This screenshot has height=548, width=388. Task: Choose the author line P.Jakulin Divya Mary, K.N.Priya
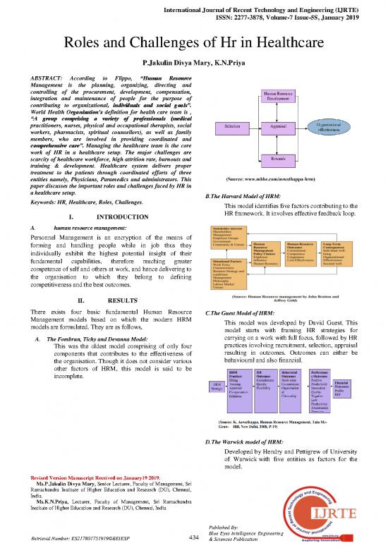(193, 63)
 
